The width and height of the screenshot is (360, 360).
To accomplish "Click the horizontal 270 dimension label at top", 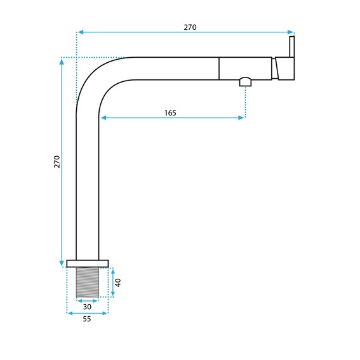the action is point(190,27).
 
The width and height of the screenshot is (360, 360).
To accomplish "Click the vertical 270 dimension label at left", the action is point(57,162).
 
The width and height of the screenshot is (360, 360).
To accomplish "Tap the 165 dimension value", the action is point(170,113).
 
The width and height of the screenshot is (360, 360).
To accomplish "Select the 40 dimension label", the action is point(118,283).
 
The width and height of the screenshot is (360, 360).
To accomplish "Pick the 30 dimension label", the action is point(87,307).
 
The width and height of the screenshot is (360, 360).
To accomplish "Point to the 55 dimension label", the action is point(87,319).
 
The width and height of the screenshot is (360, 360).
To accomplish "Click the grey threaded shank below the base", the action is point(88,282).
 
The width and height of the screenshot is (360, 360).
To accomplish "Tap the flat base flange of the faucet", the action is point(88,263).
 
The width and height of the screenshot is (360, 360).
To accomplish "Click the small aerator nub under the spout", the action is point(246,82).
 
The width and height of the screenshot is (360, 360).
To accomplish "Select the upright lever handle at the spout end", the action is point(292,46).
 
